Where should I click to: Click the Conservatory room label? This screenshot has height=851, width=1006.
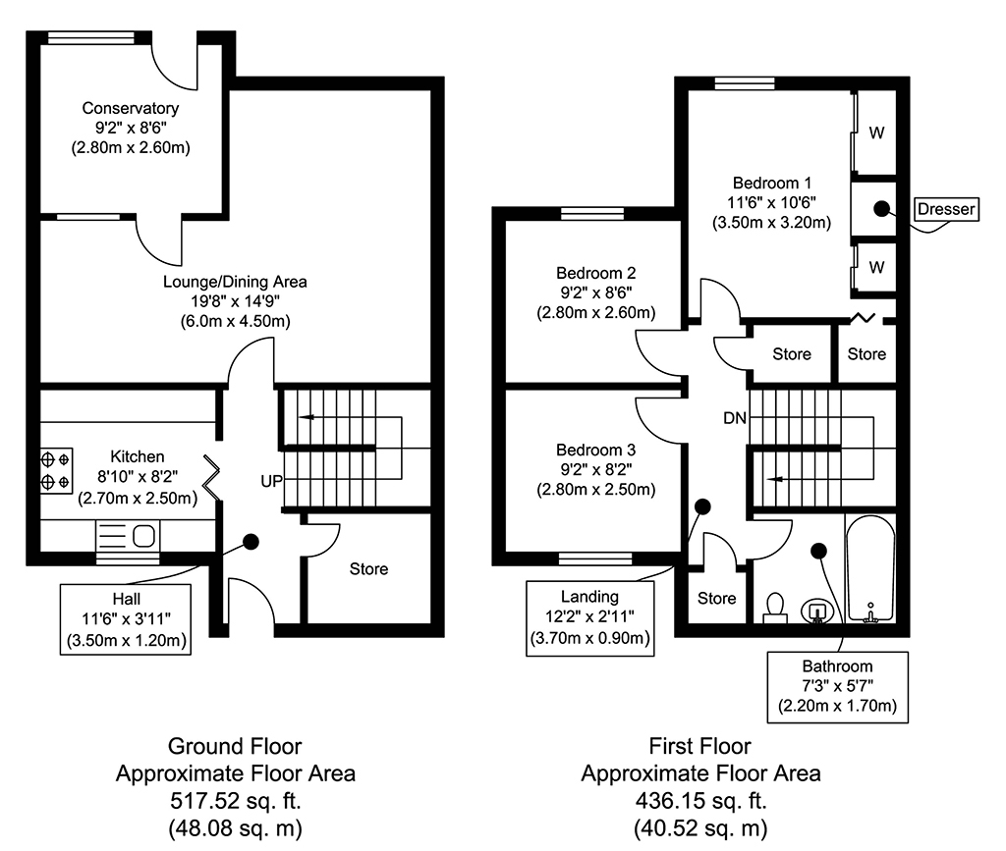pyautogui.click(x=130, y=108)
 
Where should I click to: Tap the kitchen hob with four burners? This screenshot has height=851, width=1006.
pyautogui.click(x=55, y=470)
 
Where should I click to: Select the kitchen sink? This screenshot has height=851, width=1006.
pyautogui.click(x=143, y=536)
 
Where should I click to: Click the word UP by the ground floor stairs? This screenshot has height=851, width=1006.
pyautogui.click(x=272, y=481)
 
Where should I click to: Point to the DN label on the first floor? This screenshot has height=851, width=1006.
pyautogui.click(x=735, y=418)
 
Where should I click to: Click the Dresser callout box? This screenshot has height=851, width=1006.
pyautogui.click(x=945, y=209)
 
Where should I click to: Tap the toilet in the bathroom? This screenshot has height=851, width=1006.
pyautogui.click(x=775, y=606)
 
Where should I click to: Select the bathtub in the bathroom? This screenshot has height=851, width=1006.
pyautogui.click(x=869, y=569)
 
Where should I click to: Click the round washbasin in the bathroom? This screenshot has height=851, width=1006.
pyautogui.click(x=816, y=611)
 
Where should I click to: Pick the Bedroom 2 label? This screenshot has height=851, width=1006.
pyautogui.click(x=595, y=273)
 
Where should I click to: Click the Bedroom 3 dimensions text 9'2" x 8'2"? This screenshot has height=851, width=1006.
pyautogui.click(x=595, y=469)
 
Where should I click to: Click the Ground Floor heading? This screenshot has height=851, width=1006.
pyautogui.click(x=235, y=746)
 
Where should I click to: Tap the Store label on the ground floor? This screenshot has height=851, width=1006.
pyautogui.click(x=368, y=568)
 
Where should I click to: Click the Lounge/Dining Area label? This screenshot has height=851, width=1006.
pyautogui.click(x=235, y=282)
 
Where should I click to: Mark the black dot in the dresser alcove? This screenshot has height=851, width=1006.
pyautogui.click(x=881, y=208)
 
